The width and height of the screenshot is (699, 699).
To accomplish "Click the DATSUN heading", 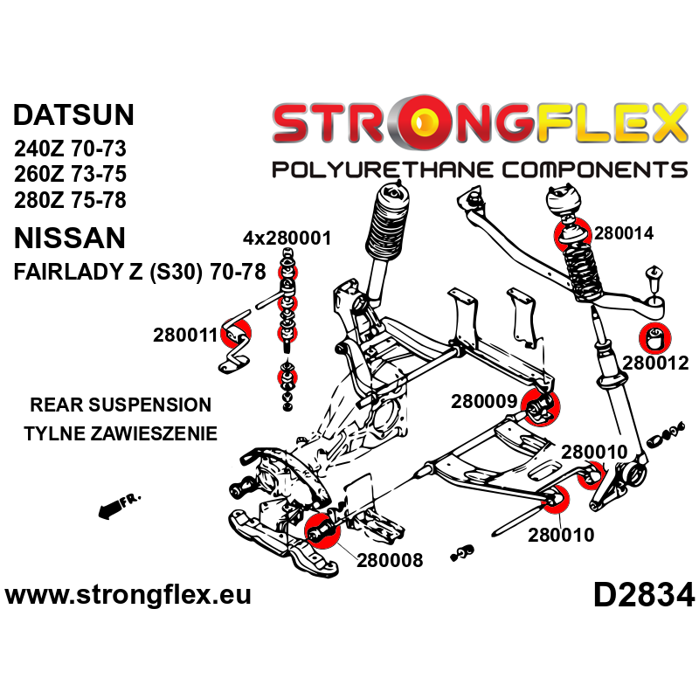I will (74, 116).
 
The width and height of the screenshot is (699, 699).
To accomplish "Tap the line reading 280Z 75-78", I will (70, 199).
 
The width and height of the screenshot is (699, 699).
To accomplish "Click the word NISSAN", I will (70, 238).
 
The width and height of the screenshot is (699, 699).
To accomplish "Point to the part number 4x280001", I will (287, 238).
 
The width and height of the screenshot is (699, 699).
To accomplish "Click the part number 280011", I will (184, 335).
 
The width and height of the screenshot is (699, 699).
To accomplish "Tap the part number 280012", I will (656, 363).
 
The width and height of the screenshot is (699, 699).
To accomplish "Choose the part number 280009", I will (484, 402).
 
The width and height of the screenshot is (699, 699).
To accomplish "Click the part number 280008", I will (390, 559).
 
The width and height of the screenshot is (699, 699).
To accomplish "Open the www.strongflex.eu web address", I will (128, 595).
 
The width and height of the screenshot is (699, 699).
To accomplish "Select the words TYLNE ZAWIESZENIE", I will (121, 433).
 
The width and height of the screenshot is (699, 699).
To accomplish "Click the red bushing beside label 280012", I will (655, 336).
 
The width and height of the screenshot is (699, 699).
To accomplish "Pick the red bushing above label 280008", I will (320, 529).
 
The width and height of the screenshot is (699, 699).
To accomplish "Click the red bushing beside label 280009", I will (543, 405).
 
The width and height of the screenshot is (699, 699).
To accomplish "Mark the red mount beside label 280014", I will (568, 233).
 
